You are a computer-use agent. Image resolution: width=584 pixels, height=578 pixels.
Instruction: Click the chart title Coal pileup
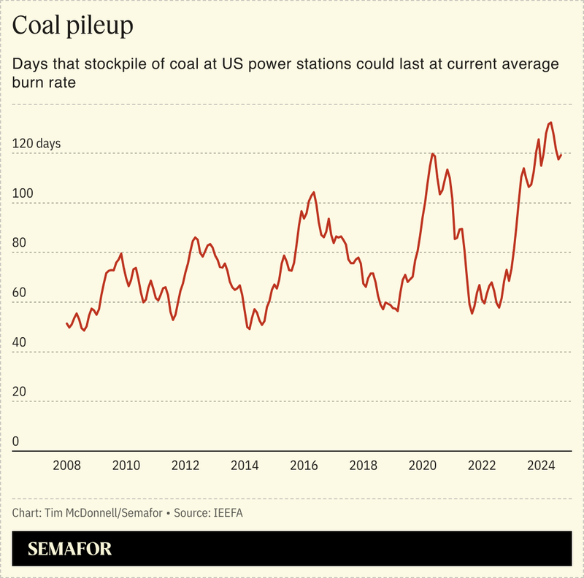pyautogui.click(x=73, y=27)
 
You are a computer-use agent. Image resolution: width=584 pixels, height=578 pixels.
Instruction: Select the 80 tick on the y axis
pyautogui.click(x=21, y=243)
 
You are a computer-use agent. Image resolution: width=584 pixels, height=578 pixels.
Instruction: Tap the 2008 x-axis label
pyautogui.click(x=66, y=466)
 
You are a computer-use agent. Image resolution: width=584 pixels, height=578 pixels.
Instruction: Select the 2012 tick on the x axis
pyautogui.click(x=185, y=466)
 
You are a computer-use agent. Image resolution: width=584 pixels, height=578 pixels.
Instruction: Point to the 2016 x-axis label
pyautogui.click(x=304, y=466)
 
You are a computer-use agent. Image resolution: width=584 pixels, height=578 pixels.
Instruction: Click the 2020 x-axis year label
pyautogui.click(x=423, y=466)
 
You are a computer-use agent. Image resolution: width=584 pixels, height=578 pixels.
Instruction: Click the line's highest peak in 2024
pyautogui.click(x=550, y=123)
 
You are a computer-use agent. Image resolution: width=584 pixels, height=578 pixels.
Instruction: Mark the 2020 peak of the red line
pyautogui.click(x=433, y=154)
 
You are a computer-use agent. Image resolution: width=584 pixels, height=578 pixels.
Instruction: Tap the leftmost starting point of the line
pyautogui.click(x=66, y=323)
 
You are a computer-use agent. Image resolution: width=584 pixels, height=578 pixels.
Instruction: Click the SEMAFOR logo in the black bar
pyautogui.click(x=70, y=550)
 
